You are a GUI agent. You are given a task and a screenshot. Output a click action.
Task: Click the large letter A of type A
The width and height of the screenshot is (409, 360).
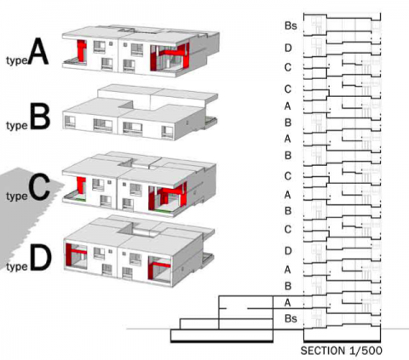tap(39, 51)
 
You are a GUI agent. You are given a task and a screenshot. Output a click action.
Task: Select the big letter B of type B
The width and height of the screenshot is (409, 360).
tap(40, 117)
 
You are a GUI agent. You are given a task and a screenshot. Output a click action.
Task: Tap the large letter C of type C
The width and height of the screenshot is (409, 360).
tap(39, 187)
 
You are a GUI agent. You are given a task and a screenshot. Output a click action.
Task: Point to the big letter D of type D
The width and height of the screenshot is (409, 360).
tap(41, 258)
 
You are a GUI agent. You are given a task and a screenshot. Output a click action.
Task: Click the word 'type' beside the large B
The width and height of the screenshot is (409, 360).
tap(17, 126)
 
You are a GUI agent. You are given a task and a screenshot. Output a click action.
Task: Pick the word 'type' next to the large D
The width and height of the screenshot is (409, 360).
tap(17, 266)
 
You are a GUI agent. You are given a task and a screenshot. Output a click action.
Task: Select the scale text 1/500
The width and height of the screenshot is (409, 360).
tap(366, 351)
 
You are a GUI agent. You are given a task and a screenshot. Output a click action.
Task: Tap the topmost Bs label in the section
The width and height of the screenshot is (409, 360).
tap(291, 26)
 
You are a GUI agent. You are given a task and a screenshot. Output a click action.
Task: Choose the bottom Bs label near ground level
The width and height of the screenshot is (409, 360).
tap(291, 318)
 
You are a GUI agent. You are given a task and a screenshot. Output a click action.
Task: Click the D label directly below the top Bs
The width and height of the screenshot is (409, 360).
tap(288, 48)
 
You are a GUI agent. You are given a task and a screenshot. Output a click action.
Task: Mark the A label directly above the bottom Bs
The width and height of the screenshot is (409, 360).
tap(288, 303)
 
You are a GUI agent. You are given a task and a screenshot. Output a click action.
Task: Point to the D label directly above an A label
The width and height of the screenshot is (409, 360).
tap(288, 251)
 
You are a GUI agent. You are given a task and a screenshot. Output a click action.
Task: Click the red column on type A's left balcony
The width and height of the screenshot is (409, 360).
tap(82, 50)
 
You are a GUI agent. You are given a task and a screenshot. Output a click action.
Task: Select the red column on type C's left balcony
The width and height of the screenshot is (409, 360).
tap(81, 185)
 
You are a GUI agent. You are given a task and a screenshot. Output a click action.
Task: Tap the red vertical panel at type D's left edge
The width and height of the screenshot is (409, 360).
tap(68, 254)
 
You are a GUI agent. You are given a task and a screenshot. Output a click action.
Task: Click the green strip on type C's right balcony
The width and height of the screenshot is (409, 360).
tap(164, 211)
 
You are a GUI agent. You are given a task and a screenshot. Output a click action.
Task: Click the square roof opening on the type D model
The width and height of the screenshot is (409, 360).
tap(139, 230)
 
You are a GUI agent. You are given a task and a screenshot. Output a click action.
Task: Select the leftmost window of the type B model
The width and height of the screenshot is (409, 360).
tap(70, 122)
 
